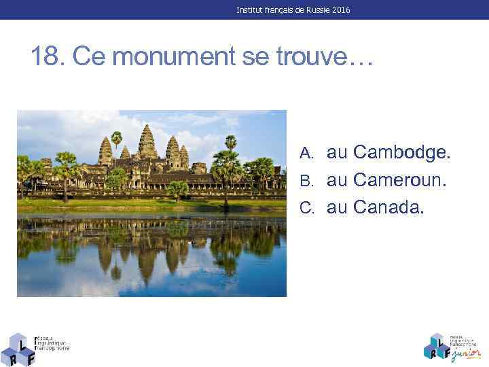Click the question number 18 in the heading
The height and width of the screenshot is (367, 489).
point(47,57)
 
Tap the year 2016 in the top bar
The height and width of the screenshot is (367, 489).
point(340,10)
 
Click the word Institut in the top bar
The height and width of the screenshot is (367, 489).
point(251,10)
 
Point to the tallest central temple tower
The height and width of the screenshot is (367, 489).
point(147,143)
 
